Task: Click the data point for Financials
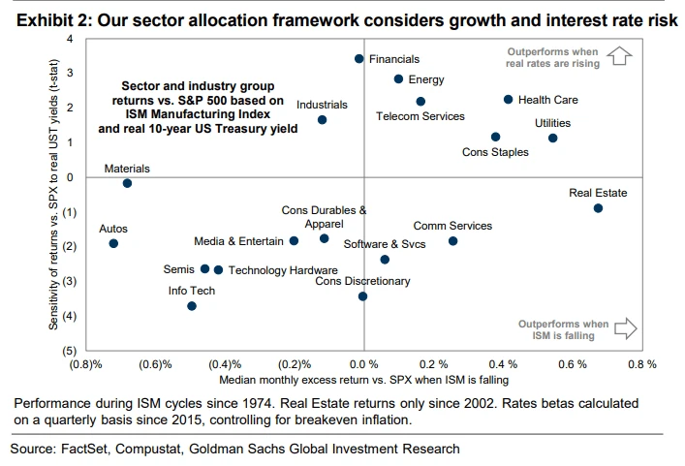[358, 59]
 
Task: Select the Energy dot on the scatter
[398, 79]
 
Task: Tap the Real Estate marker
[598, 208]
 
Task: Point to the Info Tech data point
[192, 306]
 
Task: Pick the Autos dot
[113, 243]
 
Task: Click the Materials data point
[127, 183]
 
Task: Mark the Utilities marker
[552, 139]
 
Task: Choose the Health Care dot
[508, 99]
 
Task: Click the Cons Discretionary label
[362, 281]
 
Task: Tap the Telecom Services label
[420, 116]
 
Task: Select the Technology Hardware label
[283, 270]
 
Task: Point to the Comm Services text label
[452, 226]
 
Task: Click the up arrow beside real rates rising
[621, 57]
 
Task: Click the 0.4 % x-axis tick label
[503, 364]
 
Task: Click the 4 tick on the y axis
[70, 38]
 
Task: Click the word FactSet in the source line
[88, 449]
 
